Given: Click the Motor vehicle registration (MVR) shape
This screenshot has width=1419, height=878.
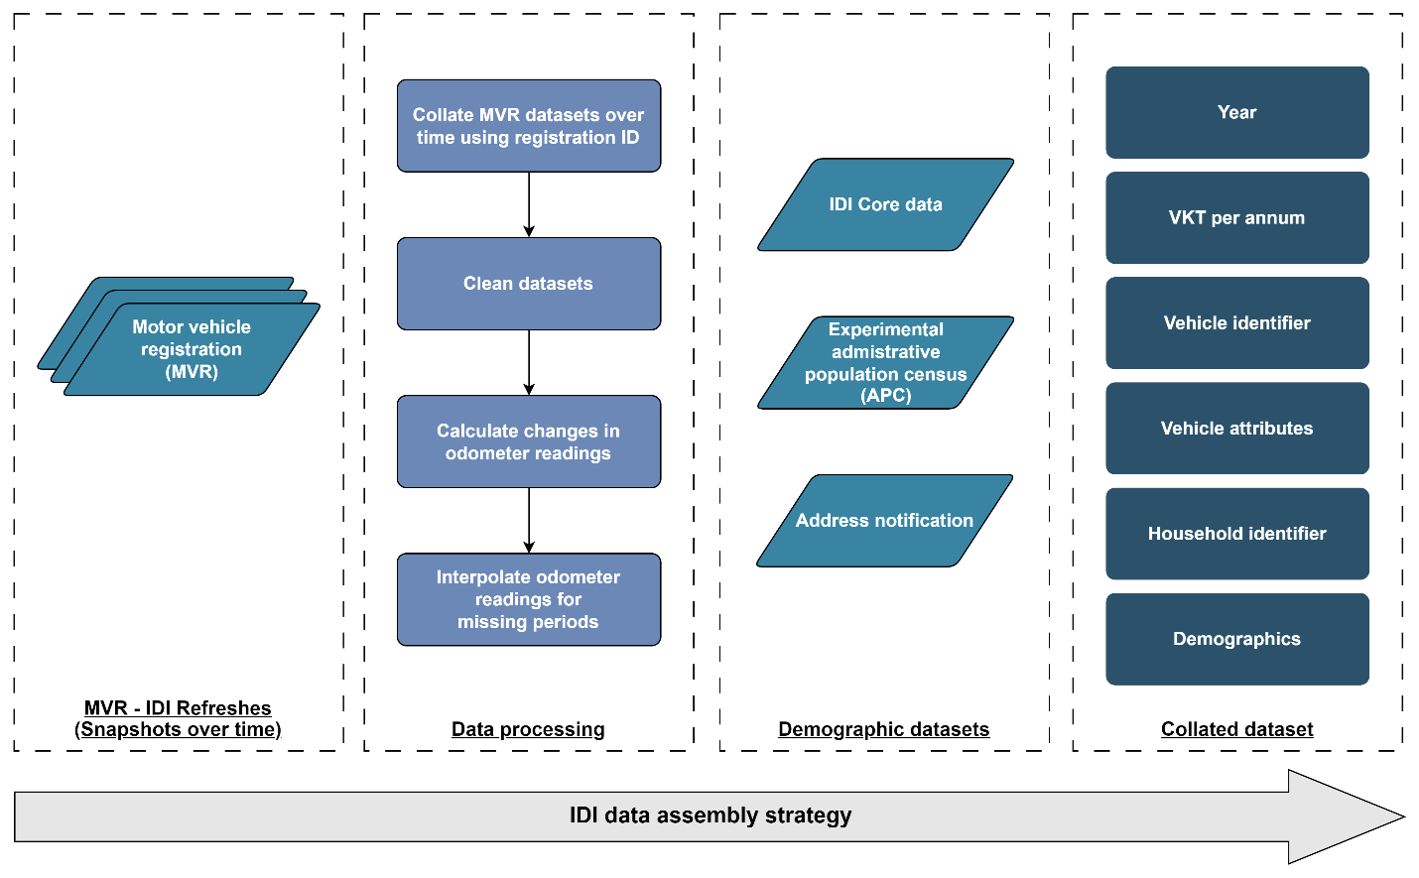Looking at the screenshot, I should click(x=192, y=349).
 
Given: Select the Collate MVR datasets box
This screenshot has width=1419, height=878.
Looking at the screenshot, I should click(x=528, y=126).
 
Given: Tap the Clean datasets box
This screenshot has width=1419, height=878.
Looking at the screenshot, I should click(x=528, y=284).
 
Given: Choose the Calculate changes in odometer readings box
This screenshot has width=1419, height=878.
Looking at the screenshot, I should click(x=528, y=441).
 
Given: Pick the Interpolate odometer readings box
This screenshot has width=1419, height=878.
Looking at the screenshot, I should click(x=528, y=599).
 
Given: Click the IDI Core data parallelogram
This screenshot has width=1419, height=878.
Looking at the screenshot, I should click(x=885, y=204).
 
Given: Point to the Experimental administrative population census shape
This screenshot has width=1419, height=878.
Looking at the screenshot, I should click(x=885, y=362).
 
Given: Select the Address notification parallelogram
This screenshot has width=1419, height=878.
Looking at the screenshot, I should click(x=884, y=521).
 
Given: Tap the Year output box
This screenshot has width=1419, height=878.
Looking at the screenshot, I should click(x=1237, y=112).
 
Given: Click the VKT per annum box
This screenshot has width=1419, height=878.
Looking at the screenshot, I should click(x=1237, y=217).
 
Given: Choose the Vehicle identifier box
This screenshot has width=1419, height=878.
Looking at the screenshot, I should click(x=1237, y=322).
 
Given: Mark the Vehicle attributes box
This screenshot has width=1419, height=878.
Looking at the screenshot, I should click(x=1237, y=428).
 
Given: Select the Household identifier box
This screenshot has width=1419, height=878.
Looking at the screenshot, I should click(x=1237, y=533).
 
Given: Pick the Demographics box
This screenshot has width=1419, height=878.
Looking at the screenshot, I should click(x=1237, y=639).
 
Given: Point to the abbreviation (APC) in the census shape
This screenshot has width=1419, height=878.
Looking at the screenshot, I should click(x=886, y=395).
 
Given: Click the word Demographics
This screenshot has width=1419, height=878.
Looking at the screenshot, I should click(x=1236, y=639).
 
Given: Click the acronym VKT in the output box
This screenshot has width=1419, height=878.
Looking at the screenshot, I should click(x=1187, y=217).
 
